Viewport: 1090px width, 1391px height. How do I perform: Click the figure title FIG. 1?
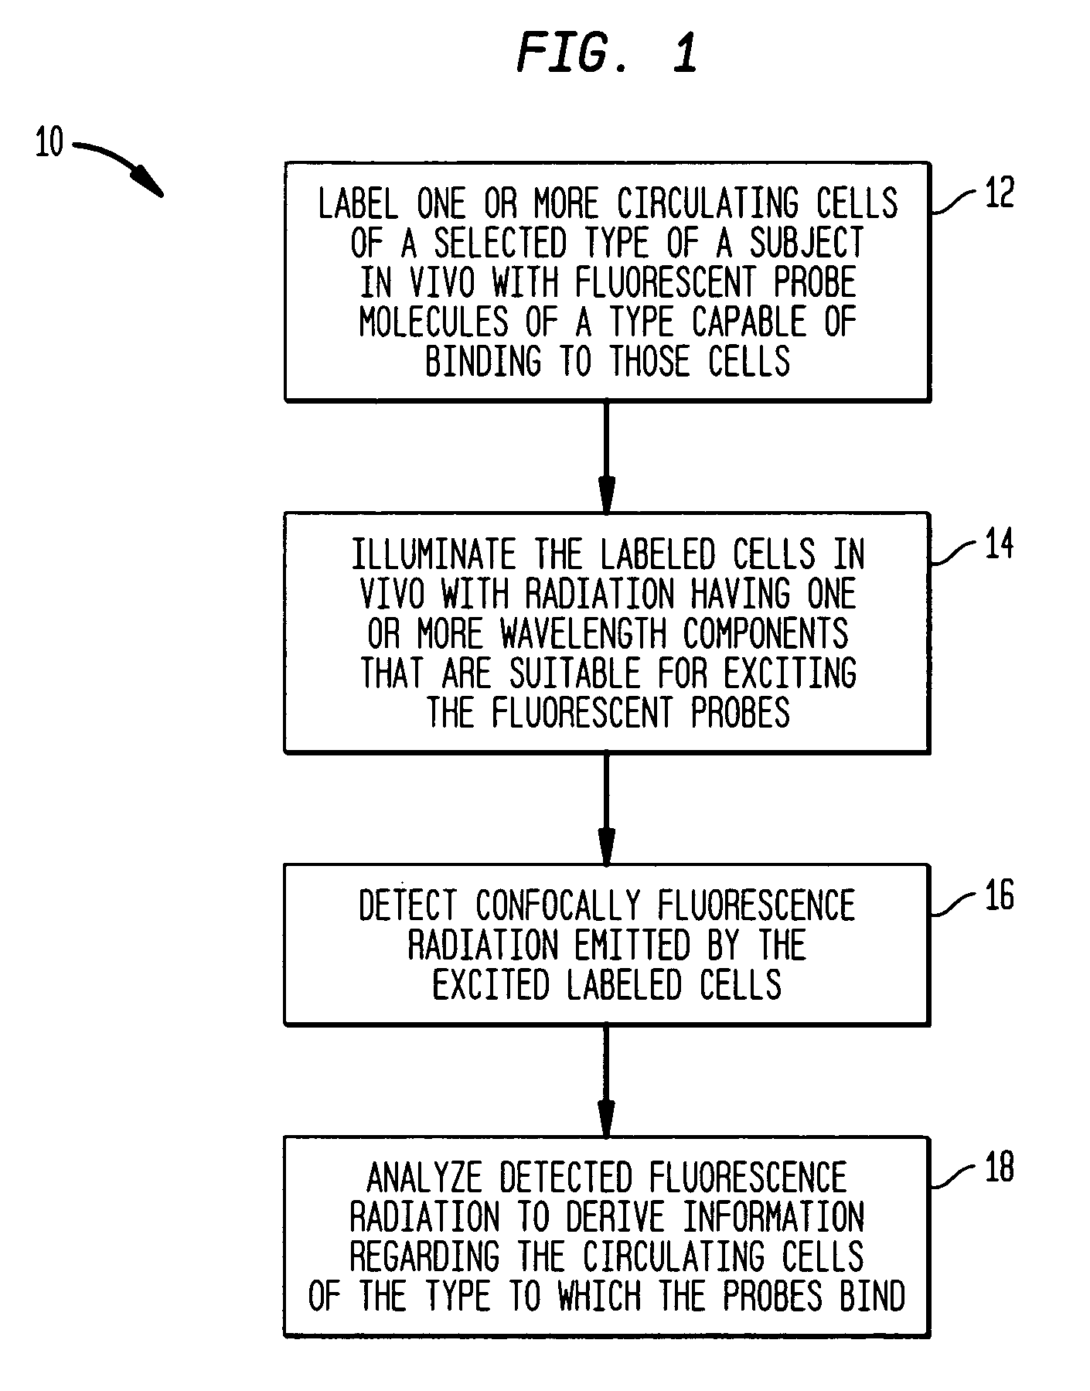[606, 53]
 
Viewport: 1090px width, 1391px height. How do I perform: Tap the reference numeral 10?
[49, 143]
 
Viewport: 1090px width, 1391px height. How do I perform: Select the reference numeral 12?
[998, 194]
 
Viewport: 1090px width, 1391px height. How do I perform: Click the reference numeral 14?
[998, 544]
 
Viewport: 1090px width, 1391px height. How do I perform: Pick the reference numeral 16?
[998, 896]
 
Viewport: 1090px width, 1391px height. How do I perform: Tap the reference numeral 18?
[998, 1168]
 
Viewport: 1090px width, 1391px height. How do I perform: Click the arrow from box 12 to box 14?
[607, 456]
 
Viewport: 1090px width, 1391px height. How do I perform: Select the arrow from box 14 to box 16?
[607, 808]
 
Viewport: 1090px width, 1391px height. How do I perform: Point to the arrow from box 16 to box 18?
[607, 1080]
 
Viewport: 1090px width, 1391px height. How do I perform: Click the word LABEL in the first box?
[358, 204]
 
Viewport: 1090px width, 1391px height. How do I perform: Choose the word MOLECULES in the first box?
[433, 322]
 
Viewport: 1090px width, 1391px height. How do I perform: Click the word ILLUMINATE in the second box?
[434, 555]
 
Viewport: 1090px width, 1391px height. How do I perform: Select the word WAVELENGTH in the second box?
[583, 634]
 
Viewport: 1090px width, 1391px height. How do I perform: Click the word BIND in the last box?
[872, 1297]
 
